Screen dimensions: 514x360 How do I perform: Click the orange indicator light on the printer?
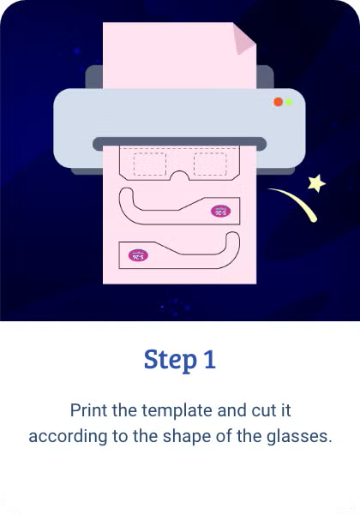pyautogui.click(x=278, y=102)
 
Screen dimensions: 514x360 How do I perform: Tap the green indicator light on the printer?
pyautogui.click(x=289, y=102)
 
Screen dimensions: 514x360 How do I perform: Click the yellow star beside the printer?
pyautogui.click(x=317, y=182)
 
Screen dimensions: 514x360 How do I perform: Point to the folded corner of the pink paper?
pyautogui.click(x=243, y=39)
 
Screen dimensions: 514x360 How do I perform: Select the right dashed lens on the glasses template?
pyautogui.click(x=209, y=164)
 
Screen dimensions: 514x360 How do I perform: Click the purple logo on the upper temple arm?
pyautogui.click(x=220, y=209)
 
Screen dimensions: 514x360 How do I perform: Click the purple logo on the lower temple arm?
pyautogui.click(x=137, y=254)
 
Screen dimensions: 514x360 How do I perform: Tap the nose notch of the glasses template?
pyautogui.click(x=179, y=177)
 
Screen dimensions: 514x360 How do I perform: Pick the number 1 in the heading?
pyautogui.click(x=209, y=359)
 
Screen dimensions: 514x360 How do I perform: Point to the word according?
pyautogui.click(x=62, y=436)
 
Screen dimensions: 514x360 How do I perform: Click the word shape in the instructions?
pyautogui.click(x=180, y=436)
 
